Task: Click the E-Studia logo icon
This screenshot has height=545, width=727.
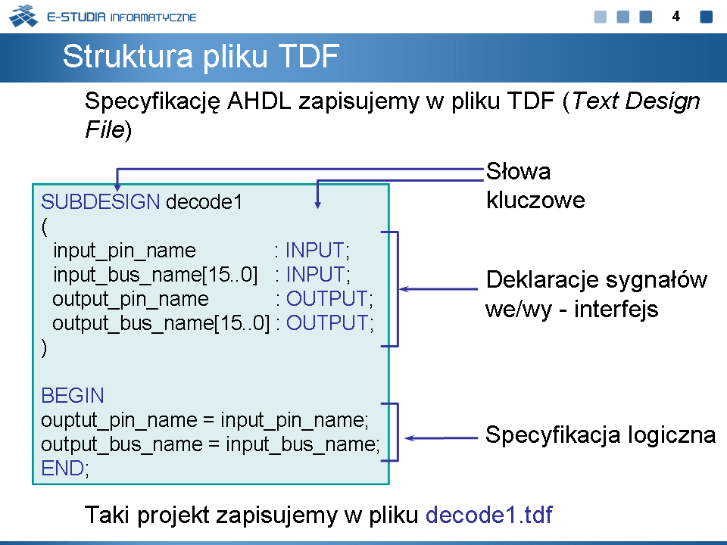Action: [23, 16]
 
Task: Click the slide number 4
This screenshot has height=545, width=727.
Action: [676, 17]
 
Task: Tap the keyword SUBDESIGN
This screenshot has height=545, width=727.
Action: [101, 201]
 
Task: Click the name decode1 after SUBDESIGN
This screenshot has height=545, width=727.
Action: [204, 202]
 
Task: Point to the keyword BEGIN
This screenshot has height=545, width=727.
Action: [73, 395]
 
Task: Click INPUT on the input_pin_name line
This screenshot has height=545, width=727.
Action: [314, 251]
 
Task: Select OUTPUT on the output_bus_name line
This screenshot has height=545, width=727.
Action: [327, 322]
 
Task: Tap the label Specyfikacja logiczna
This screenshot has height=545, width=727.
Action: [601, 435]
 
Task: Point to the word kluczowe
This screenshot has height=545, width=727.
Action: [535, 200]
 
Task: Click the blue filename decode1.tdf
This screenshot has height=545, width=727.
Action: [489, 515]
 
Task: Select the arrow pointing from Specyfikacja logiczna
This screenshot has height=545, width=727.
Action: [441, 438]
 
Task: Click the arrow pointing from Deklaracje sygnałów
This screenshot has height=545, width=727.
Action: [438, 288]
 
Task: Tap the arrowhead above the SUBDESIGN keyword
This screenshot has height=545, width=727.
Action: [117, 187]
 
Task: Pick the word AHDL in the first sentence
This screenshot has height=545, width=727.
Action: [259, 101]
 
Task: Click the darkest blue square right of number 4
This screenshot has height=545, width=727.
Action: [706, 17]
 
